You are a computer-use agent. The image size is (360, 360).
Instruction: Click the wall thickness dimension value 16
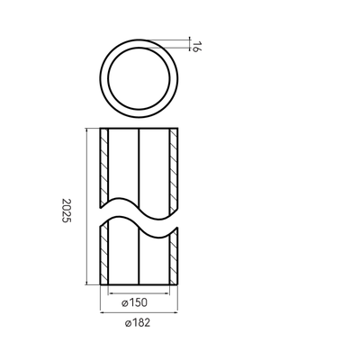click(x=195, y=48)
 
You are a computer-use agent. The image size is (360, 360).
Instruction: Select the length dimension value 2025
click(x=67, y=211)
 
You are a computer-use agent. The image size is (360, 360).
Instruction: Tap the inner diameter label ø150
click(x=135, y=303)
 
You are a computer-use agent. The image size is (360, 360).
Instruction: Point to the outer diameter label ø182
click(x=138, y=323)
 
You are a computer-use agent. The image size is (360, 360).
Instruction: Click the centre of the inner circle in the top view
click(x=139, y=78)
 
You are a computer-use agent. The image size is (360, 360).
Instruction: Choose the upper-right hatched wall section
click(x=174, y=171)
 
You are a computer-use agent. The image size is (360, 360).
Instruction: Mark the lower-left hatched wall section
click(x=104, y=254)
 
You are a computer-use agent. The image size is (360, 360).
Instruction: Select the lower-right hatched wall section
click(x=174, y=258)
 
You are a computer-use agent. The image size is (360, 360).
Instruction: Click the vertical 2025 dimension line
click(x=86, y=206)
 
